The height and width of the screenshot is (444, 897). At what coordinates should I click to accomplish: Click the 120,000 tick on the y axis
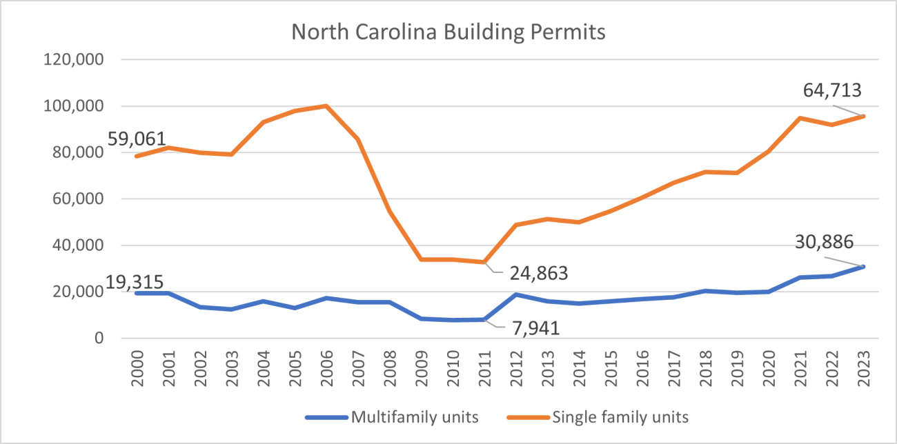(73, 60)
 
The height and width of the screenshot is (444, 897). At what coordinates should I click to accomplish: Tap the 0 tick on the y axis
(99, 338)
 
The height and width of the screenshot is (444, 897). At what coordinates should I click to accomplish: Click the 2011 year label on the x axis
(484, 368)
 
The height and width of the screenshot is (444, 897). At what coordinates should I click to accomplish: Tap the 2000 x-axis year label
(137, 368)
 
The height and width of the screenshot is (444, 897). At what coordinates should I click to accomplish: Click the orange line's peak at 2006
(326, 105)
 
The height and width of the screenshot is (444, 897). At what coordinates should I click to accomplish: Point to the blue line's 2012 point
(515, 294)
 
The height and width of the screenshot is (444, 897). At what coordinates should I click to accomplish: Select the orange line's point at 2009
(421, 259)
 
